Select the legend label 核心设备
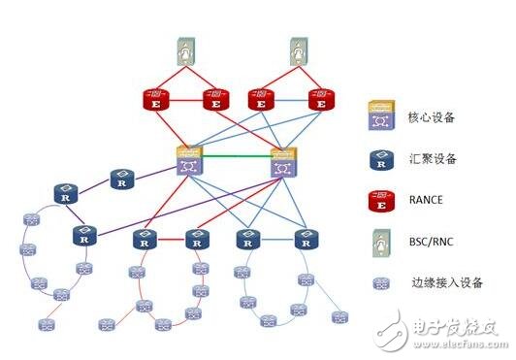[x=428, y=119]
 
